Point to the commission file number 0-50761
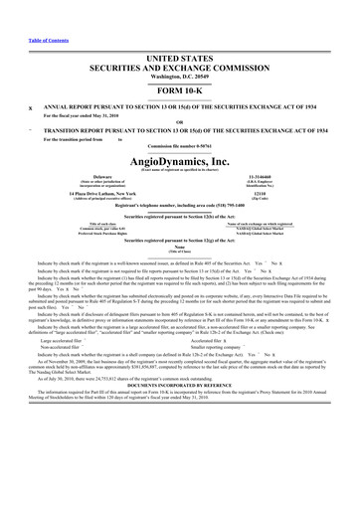[x=180, y=145]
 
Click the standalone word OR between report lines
[x=180, y=98]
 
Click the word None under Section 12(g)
[x=180, y=250]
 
